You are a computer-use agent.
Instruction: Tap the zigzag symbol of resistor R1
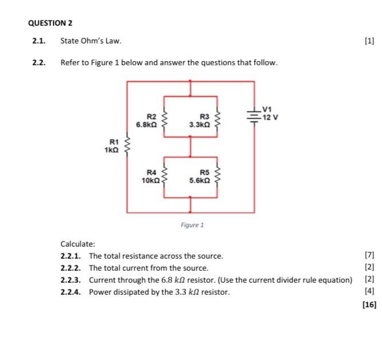point(127,147)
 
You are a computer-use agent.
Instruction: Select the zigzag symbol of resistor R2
point(166,120)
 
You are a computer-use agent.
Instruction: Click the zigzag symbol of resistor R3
point(216,120)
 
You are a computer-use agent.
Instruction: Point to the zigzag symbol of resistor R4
point(166,176)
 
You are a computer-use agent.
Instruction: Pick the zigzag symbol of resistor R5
point(216,176)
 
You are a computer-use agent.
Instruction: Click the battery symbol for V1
point(254,114)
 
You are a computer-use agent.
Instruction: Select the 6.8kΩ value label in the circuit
point(147,123)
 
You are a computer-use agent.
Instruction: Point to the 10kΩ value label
point(151,180)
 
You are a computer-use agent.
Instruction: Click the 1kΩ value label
point(112,150)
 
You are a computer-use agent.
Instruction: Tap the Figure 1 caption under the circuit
point(192,225)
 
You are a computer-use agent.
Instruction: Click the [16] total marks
point(369,304)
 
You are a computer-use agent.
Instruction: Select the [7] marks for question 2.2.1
point(369,255)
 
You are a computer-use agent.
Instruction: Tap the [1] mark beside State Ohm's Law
point(369,41)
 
